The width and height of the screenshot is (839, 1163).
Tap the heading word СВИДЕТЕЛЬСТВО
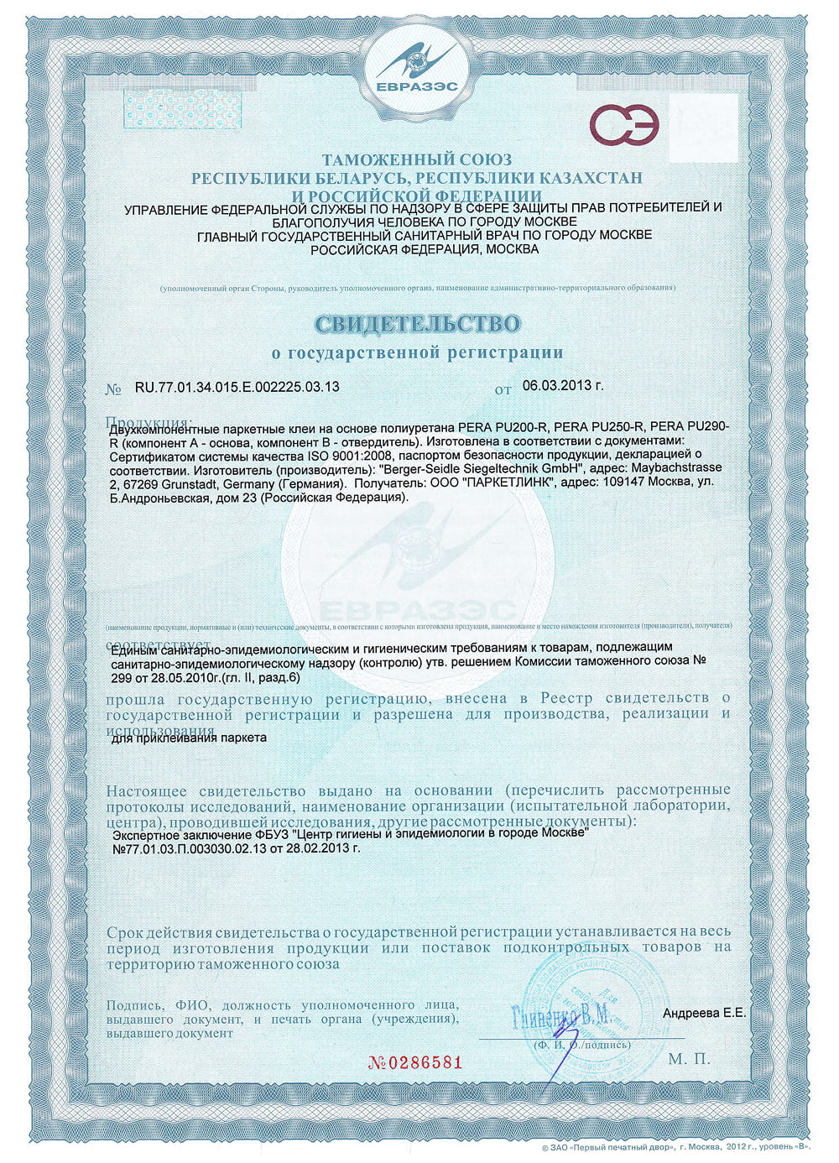(x=417, y=324)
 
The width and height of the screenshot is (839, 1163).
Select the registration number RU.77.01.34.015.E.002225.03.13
(x=237, y=388)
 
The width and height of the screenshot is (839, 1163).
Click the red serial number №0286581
(x=416, y=1062)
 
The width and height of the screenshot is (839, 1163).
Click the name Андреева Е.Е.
(x=704, y=1013)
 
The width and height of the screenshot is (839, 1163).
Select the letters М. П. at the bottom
(x=690, y=1059)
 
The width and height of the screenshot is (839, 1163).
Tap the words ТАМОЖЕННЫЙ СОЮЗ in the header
(x=417, y=159)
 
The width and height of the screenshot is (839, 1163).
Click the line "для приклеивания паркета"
(x=189, y=738)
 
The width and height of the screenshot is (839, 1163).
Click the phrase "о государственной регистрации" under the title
(x=417, y=353)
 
